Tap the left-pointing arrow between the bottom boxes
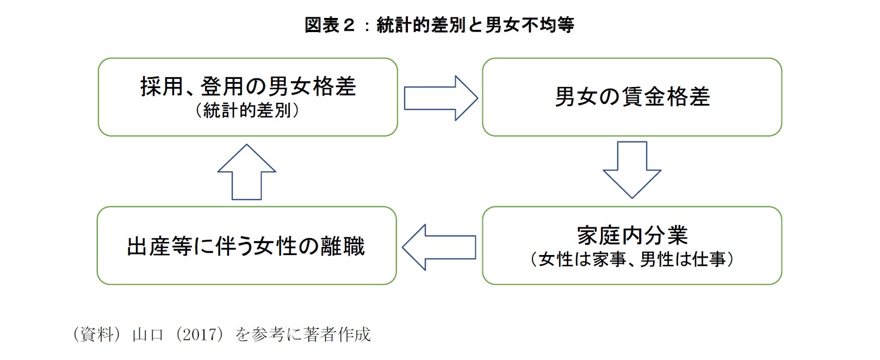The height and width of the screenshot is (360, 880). click(x=439, y=247)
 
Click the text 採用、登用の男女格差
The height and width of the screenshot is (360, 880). click(x=248, y=86)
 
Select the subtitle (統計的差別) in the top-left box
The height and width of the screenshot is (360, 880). click(x=247, y=111)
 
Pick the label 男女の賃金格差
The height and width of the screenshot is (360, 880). click(x=632, y=97)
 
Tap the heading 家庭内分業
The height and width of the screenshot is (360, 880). click(x=632, y=235)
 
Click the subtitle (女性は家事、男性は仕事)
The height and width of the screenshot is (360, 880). click(x=632, y=259)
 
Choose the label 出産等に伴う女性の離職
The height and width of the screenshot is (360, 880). click(x=246, y=246)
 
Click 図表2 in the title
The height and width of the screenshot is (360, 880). click(x=330, y=25)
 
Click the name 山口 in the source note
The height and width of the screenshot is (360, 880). click(x=148, y=334)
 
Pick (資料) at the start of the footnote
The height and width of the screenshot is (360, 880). click(x=96, y=334)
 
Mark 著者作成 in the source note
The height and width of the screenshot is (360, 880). click(x=337, y=334)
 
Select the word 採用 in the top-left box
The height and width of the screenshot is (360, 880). click(x=161, y=86)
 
